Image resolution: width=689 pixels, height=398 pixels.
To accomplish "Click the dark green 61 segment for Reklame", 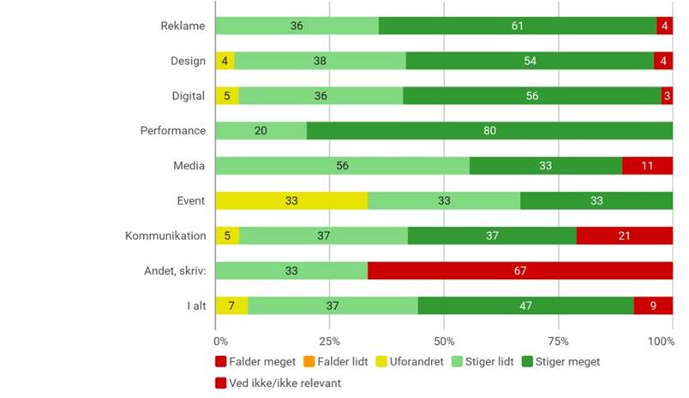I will pos(518,26).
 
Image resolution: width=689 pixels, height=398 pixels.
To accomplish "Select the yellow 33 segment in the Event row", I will pos(291,200).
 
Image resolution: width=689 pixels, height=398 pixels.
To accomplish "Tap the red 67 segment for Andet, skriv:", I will pos(521,270).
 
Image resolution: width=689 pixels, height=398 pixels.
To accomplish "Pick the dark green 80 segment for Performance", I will pos(489,131).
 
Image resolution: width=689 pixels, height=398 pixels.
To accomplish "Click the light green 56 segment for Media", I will pos(342,166).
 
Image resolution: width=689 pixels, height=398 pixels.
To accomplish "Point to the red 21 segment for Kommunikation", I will pos(624,235).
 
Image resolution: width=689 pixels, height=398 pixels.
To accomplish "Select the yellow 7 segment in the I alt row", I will pos(231,306).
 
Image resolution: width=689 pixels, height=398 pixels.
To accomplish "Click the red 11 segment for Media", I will pos(647,166).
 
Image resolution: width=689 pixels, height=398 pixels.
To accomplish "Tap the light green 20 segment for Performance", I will pos(261,131).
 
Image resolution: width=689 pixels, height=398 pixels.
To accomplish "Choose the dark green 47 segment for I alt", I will pos(525,306).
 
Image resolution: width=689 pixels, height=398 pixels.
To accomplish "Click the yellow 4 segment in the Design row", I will pos(225,61).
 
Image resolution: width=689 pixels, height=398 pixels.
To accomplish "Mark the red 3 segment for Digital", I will pos(667,96).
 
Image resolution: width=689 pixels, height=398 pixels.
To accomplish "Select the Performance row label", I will pos(173,131).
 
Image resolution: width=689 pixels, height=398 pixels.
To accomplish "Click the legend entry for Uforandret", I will pos(411,362).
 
